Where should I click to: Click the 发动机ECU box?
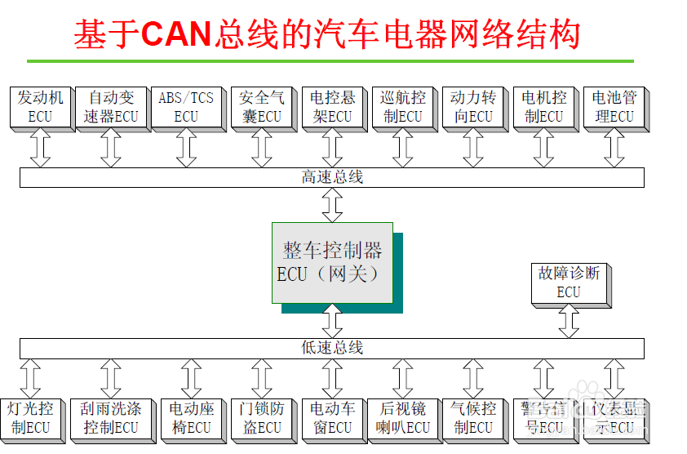pyautogui.click(x=40, y=107)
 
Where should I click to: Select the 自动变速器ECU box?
pyautogui.click(x=111, y=107)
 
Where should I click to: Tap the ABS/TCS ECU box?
pyautogui.click(x=185, y=107)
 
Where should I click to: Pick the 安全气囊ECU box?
pyautogui.click(x=261, y=107)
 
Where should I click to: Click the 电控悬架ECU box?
pyautogui.click(x=332, y=107)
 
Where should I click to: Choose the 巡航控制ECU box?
pyautogui.click(x=402, y=107)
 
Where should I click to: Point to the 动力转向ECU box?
pyautogui.click(x=473, y=107)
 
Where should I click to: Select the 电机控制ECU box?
pyautogui.click(x=543, y=107)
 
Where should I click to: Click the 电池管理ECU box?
pyautogui.click(x=614, y=107)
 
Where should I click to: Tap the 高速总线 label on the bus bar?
pyautogui.click(x=332, y=177)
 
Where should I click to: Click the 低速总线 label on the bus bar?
pyautogui.click(x=332, y=349)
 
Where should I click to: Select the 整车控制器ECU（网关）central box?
pyautogui.click(x=332, y=262)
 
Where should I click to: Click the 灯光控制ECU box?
pyautogui.click(x=30, y=417)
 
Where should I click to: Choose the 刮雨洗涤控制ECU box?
pyautogui.click(x=111, y=417)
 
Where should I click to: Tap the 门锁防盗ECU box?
pyautogui.click(x=261, y=417)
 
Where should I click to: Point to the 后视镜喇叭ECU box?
pyautogui.click(x=402, y=417)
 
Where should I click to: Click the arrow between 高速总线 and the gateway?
pyautogui.click(x=332, y=205)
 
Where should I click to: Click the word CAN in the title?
pyautogui.click(x=177, y=34)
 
